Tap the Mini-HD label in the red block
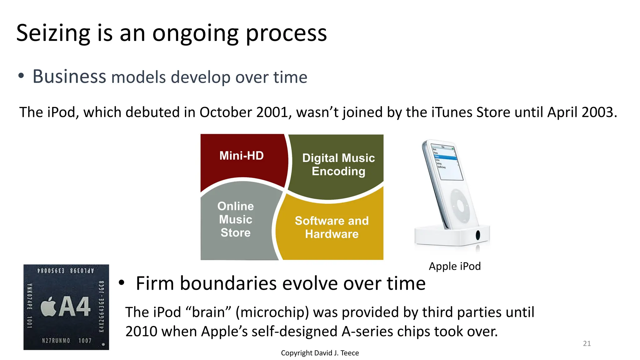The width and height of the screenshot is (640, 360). (x=241, y=156)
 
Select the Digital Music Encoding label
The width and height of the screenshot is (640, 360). (x=338, y=165)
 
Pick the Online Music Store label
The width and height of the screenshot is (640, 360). (x=236, y=219)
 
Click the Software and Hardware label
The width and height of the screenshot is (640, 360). (x=332, y=227)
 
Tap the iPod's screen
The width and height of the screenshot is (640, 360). (x=446, y=162)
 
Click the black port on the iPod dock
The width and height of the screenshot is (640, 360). (x=477, y=235)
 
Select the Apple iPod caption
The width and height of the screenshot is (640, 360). (x=454, y=266)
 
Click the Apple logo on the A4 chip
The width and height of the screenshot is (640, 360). (x=49, y=307)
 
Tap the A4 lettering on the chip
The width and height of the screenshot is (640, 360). (x=75, y=306)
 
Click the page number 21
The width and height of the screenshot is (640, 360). (x=587, y=343)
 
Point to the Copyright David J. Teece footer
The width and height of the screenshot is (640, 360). (x=320, y=353)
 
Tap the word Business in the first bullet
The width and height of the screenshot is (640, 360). (x=69, y=77)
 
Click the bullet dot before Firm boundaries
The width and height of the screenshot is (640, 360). (x=122, y=283)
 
